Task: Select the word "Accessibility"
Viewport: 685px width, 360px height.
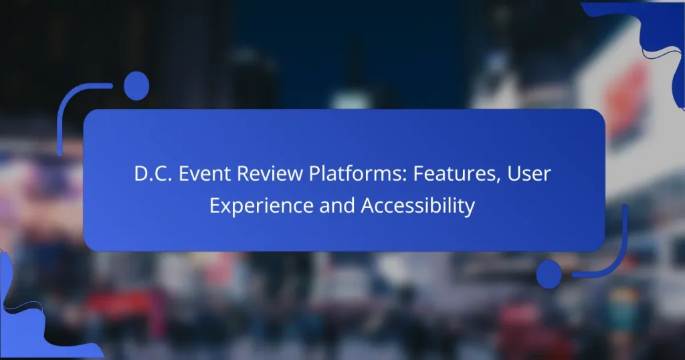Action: pos(417,206)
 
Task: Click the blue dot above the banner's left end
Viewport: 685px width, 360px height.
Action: pos(136,86)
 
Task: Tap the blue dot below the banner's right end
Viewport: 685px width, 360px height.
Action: pos(549,274)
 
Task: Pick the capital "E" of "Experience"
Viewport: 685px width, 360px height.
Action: pos(215,206)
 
